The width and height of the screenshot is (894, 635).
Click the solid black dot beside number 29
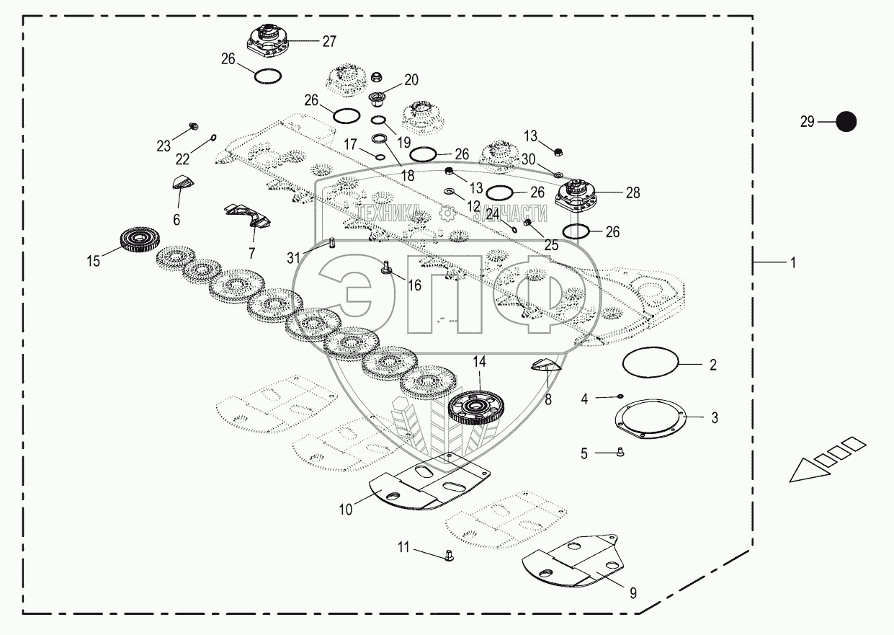tap(846, 122)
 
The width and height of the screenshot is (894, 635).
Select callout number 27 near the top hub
tap(328, 41)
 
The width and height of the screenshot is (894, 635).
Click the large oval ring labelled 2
tap(651, 363)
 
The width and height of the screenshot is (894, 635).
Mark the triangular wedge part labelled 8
tap(545, 367)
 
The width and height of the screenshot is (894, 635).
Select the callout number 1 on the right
tap(792, 263)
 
